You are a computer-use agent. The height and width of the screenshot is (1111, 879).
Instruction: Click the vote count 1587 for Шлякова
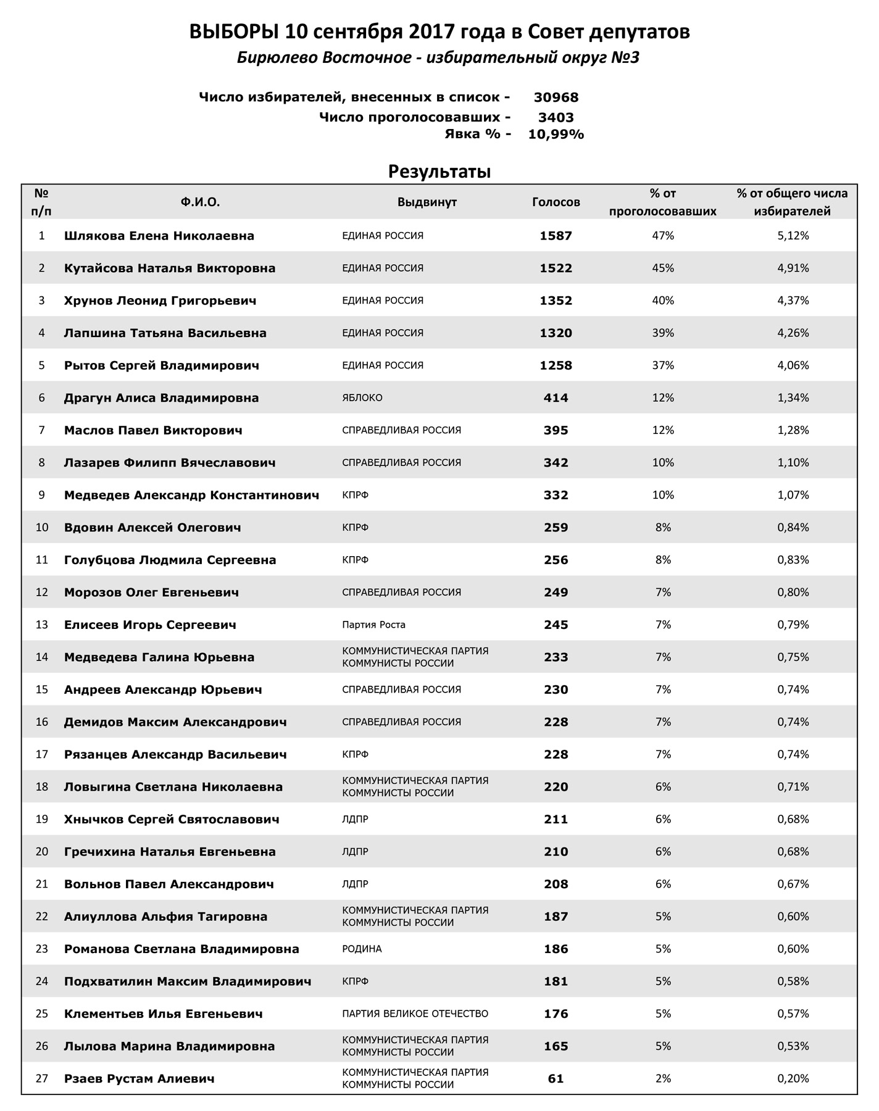coord(556,236)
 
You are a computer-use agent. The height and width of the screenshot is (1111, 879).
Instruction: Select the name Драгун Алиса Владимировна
coord(161,398)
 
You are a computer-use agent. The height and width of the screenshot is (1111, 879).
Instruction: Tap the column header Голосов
coord(556,202)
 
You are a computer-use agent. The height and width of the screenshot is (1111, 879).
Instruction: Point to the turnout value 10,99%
coord(556,135)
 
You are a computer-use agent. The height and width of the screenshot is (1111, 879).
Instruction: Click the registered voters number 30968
coord(556,98)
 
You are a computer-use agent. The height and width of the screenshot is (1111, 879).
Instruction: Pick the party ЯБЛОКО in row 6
coord(362,398)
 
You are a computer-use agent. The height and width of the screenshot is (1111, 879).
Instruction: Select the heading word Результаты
coord(439,172)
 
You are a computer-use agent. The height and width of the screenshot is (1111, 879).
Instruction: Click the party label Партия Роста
coord(373,625)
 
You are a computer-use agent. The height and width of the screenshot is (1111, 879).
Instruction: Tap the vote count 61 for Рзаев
coord(556,1079)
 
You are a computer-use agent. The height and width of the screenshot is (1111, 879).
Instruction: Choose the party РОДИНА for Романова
coord(362,949)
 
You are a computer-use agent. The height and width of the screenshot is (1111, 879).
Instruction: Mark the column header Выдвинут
coord(427,202)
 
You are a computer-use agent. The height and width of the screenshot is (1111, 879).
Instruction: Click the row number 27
coord(41,1079)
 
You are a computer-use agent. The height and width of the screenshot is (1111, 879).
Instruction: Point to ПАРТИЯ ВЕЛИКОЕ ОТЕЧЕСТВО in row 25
coord(415,1013)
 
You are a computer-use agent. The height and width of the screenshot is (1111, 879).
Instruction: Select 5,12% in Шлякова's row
coord(793,236)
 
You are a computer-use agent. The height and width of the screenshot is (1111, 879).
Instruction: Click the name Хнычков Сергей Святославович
coord(172,820)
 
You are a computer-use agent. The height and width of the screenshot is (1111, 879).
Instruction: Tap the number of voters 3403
coord(556,117)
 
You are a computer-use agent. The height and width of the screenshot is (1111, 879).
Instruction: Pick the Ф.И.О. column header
coord(200,202)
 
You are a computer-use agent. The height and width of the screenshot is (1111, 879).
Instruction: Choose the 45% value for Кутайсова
coord(663,268)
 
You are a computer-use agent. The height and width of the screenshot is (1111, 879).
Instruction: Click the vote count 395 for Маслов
coord(556,430)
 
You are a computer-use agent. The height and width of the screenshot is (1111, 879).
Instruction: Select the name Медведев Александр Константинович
coord(191,495)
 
